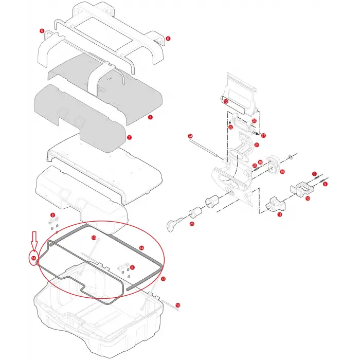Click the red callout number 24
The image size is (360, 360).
click(x=190, y=136)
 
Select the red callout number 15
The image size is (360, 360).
click(x=226, y=102)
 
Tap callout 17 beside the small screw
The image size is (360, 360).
click(x=263, y=136)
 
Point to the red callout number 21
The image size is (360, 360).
click(x=257, y=145)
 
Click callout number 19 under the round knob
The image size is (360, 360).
click(x=282, y=172)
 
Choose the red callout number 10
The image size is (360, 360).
click(x=308, y=198)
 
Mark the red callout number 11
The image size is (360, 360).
click(x=280, y=215)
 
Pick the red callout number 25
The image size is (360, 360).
click(x=192, y=224)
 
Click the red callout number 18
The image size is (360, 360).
click(x=178, y=305)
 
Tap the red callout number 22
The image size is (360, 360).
click(x=231, y=127)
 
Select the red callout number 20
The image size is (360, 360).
click(x=254, y=121)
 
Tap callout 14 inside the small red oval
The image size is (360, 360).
click(x=33, y=258)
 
